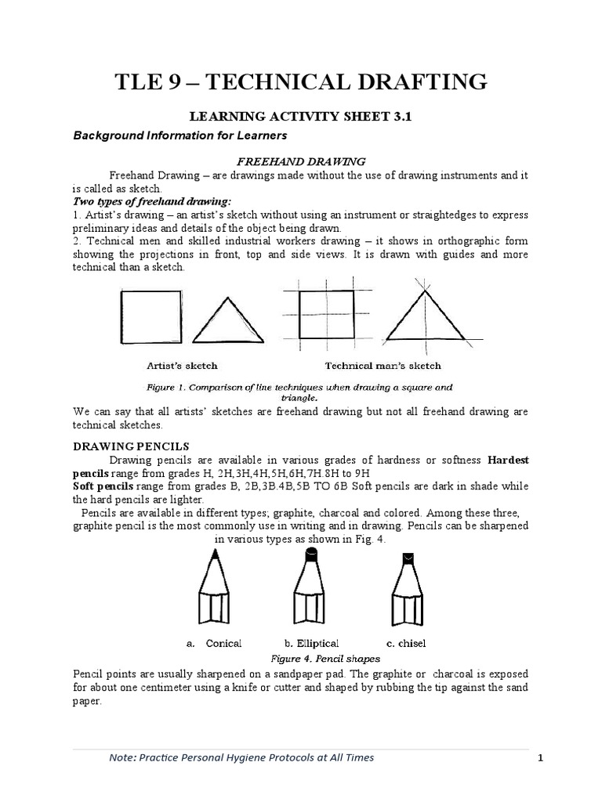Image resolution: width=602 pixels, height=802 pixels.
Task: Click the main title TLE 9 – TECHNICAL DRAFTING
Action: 301,81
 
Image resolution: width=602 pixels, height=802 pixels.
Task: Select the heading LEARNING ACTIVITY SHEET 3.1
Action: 301,117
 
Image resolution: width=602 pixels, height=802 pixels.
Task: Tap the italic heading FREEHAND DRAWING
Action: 301,161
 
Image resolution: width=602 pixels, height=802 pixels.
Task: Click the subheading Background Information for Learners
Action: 169,135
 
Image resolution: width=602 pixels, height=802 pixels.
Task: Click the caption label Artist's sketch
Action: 182,365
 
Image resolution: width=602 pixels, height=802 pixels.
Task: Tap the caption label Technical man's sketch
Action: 383,365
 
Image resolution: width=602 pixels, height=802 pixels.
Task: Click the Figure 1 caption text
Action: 300,391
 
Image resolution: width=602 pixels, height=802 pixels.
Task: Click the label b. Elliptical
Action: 312,643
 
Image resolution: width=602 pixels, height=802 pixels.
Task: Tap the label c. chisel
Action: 407,643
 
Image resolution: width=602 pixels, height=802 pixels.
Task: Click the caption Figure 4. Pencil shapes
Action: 325,659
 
